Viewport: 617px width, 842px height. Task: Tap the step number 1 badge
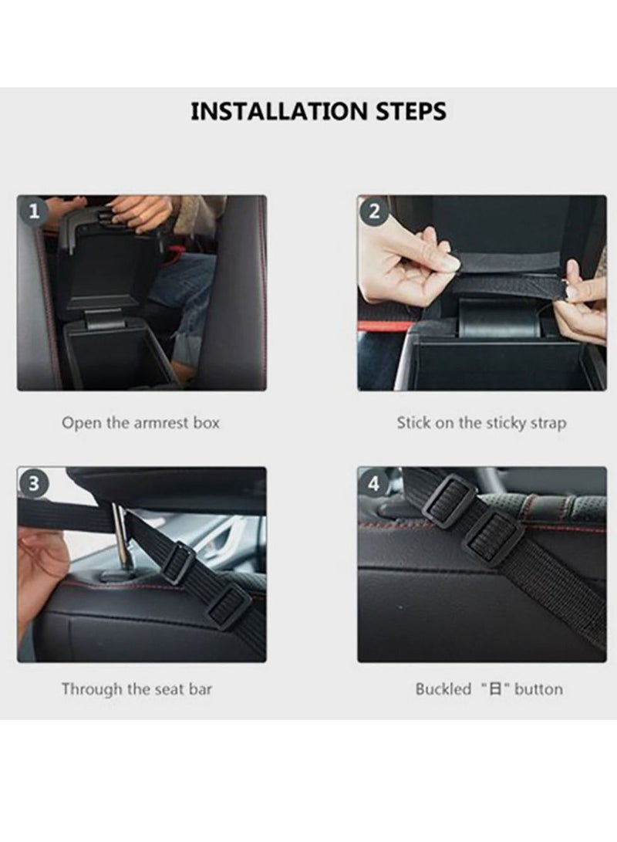[x=33, y=211]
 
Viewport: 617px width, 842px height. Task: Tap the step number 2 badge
[x=374, y=211]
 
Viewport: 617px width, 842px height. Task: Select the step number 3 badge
[x=33, y=484]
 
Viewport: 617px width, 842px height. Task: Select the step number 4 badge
[x=374, y=484]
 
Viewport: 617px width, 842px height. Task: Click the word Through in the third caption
[x=90, y=688]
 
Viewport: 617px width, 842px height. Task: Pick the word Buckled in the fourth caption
[x=443, y=689]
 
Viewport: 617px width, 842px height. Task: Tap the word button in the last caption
[x=539, y=689]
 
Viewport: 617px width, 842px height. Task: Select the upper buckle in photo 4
[x=448, y=500]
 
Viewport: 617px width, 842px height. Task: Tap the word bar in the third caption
[x=200, y=688]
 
